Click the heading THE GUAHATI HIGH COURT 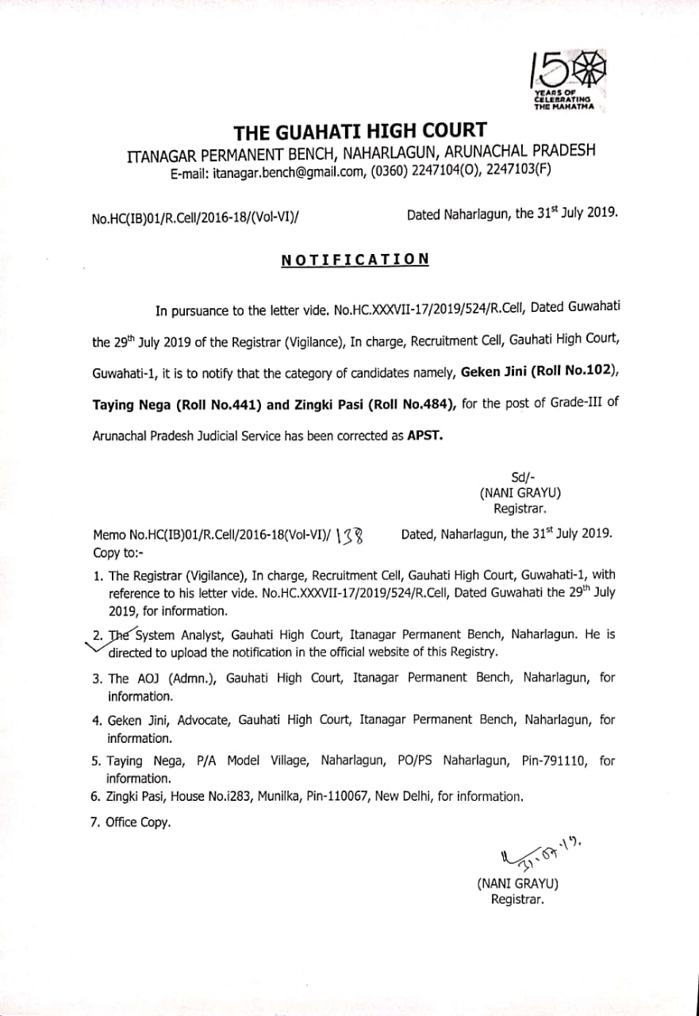(x=360, y=132)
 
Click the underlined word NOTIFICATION (x=355, y=260)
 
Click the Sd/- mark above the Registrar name (x=520, y=477)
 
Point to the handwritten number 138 (x=350, y=536)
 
